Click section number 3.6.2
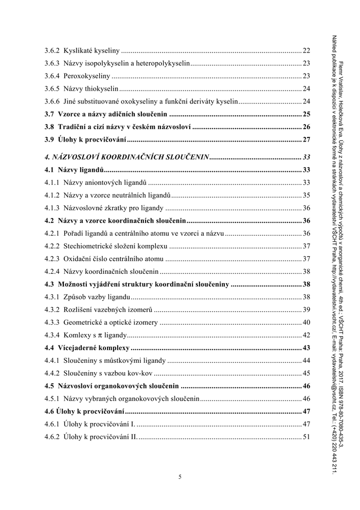pyautogui.click(x=52, y=50)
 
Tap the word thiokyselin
pyautogui.click(x=102, y=89)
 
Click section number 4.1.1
pyautogui.click(x=52, y=182)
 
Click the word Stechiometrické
pyautogui.click(x=91, y=246)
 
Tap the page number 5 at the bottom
pyautogui.click(x=180, y=477)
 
